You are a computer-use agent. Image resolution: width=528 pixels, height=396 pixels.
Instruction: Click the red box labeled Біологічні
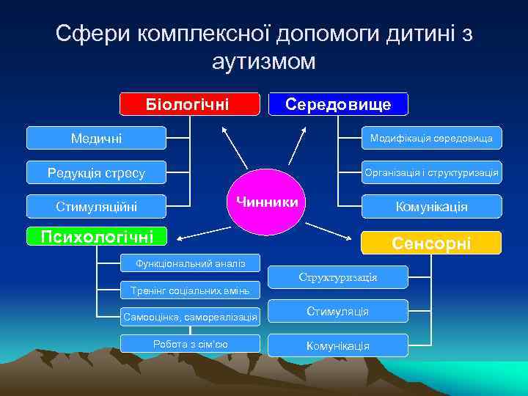click(190, 104)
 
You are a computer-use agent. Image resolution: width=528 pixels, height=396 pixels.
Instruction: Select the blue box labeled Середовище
click(338, 104)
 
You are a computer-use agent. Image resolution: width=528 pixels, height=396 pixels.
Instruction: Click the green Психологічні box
click(98, 236)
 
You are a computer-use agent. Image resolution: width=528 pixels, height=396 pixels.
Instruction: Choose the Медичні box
click(97, 138)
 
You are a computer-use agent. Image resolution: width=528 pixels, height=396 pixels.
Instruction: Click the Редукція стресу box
click(97, 173)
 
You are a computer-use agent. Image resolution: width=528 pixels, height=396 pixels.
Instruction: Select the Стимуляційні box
click(97, 207)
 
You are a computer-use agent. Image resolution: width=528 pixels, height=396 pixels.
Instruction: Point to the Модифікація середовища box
click(431, 138)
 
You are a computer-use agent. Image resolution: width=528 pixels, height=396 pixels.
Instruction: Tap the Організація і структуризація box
click(431, 173)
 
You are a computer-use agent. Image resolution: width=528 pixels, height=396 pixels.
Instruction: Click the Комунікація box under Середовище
click(431, 207)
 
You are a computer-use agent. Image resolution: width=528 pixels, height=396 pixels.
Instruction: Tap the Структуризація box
click(338, 277)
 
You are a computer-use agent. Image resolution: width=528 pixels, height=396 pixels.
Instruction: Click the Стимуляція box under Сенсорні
click(338, 312)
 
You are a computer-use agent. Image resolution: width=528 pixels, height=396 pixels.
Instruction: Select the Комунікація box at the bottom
click(338, 345)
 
